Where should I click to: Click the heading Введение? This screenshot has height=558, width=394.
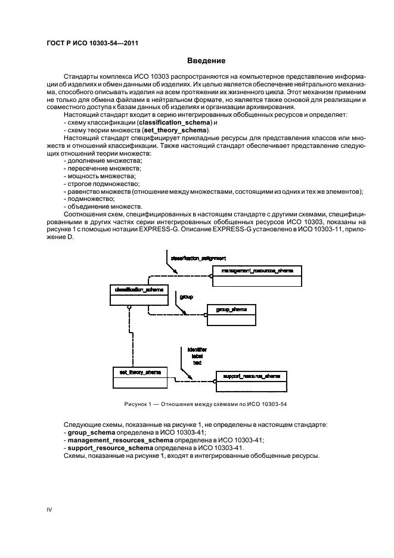pos(206,61)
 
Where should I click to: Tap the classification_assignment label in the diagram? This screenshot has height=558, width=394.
pos(198,258)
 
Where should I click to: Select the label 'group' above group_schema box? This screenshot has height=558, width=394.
pos(186,296)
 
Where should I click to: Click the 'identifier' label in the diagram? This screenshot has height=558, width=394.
pos(197,349)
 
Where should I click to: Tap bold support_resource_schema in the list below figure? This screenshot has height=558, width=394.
pos(107,448)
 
